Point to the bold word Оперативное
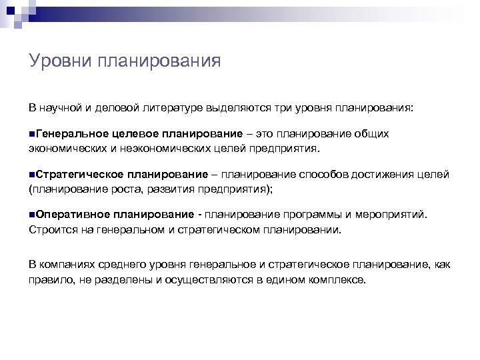[72, 215]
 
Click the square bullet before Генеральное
[32, 134]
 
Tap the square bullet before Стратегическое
[32, 175]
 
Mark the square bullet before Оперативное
[32, 215]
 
